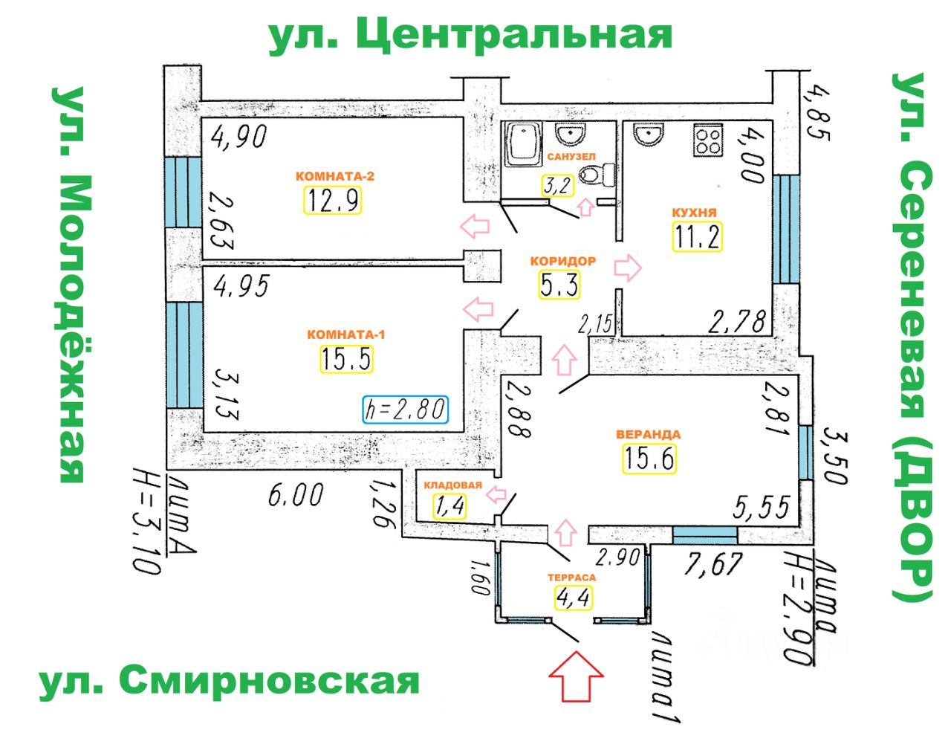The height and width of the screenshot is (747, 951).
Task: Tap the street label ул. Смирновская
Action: [230, 681]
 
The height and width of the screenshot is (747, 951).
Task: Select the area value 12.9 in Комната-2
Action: [333, 200]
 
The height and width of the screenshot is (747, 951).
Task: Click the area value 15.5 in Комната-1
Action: [346, 359]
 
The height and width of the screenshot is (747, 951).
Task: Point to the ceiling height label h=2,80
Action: [405, 409]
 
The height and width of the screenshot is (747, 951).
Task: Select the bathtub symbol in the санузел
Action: [525, 145]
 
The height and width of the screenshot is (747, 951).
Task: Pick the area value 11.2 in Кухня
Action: [697, 236]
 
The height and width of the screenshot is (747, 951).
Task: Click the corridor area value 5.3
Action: [559, 283]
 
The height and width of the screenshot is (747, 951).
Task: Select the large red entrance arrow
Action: [576, 676]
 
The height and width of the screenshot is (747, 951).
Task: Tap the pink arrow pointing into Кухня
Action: [629, 268]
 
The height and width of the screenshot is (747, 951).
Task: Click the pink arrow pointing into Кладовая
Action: [496, 494]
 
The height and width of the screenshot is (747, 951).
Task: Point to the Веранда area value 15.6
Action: [649, 458]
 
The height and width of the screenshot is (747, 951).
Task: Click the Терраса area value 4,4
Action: [572, 596]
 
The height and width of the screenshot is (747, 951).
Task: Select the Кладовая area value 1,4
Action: [449, 505]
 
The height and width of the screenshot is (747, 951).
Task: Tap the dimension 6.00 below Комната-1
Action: [296, 494]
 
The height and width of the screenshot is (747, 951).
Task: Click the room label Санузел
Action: [571, 157]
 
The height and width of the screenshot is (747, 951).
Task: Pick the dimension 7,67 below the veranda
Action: [713, 563]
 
